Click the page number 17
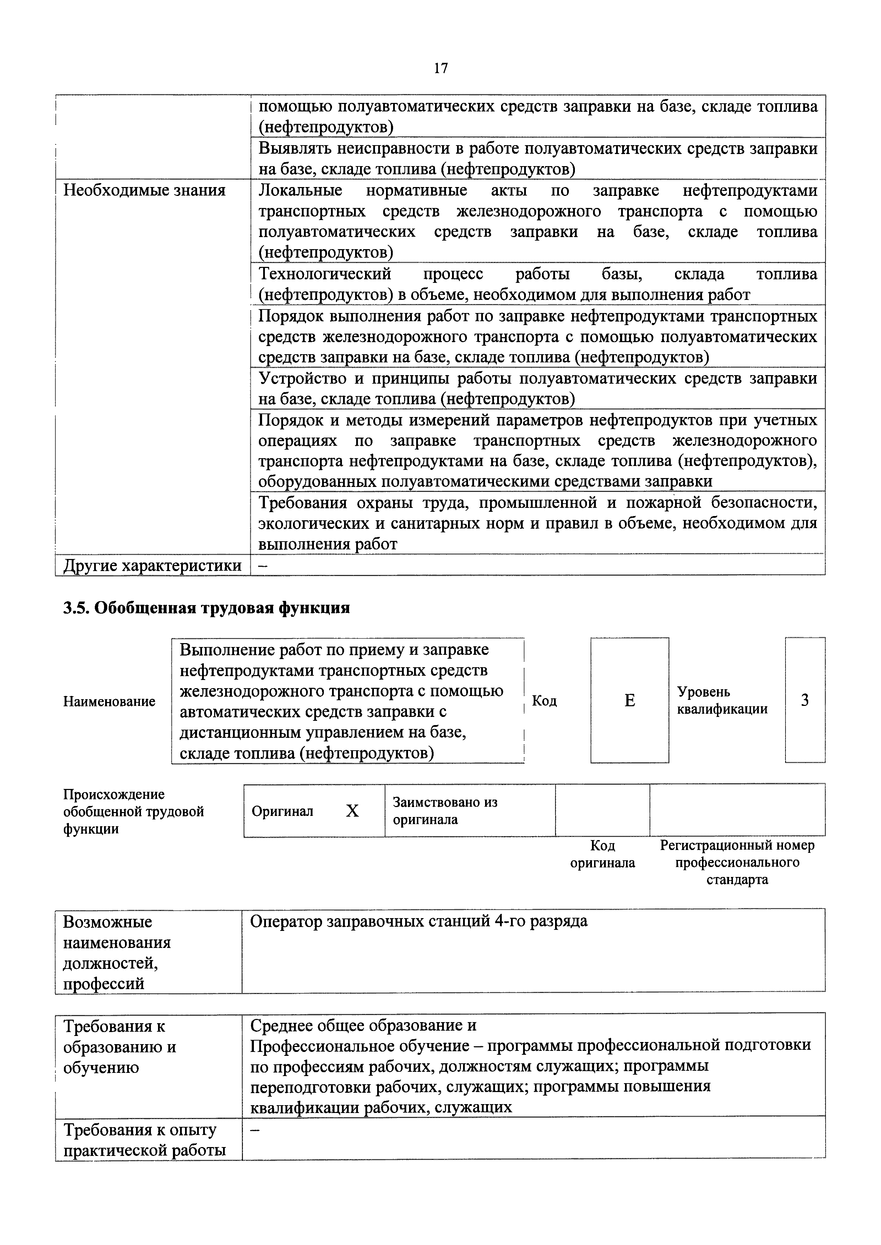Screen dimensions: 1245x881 [x=440, y=68]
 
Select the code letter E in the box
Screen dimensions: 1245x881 [x=629, y=701]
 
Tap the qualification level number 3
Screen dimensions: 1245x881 [x=805, y=701]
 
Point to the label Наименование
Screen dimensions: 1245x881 [x=109, y=702]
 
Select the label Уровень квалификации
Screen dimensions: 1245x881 [x=722, y=701]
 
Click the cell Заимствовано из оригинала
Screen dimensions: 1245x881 [x=445, y=811]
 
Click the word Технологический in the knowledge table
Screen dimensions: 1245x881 [x=325, y=274]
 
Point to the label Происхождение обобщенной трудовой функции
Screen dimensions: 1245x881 [x=134, y=811]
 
